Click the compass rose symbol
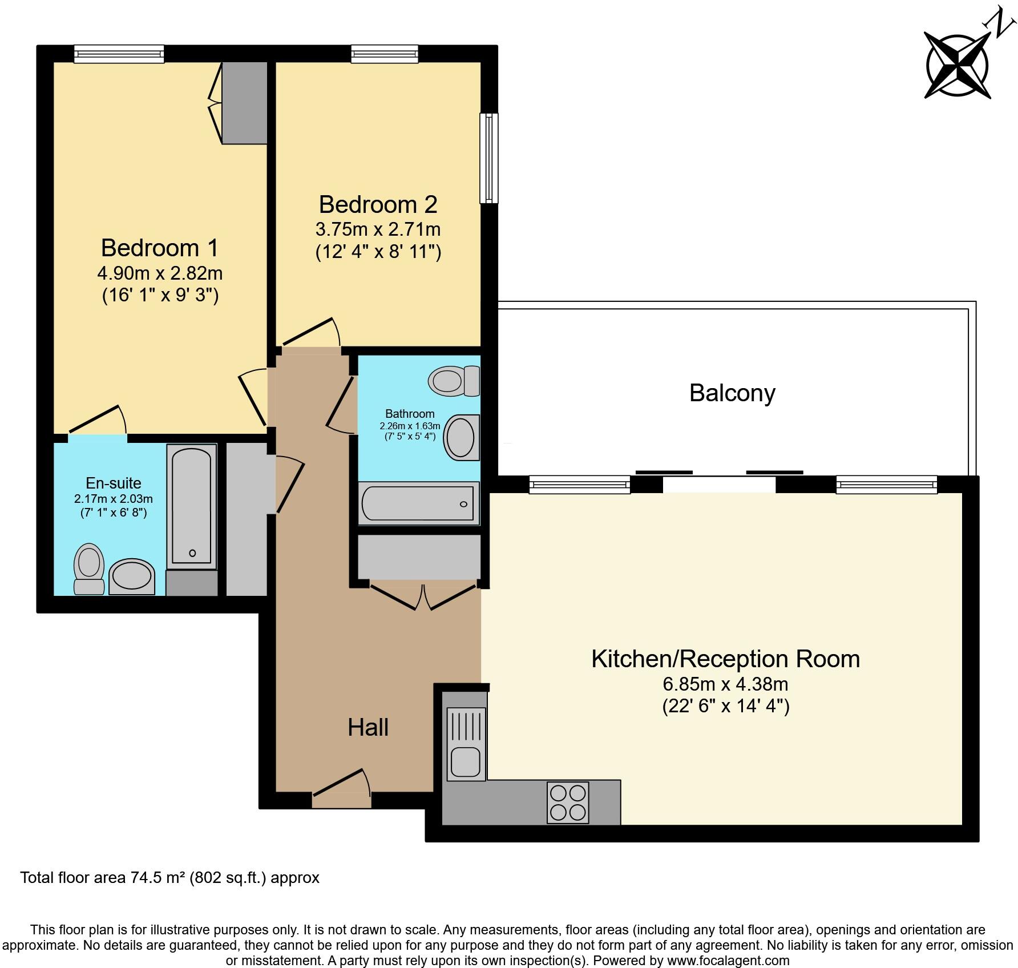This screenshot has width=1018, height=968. point(958,66)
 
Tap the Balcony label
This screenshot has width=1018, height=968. point(732,393)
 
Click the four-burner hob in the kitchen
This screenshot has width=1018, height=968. point(567,802)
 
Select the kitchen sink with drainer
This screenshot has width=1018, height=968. point(466,744)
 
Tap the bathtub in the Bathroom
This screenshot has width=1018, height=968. point(418,503)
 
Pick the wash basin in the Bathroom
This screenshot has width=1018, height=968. point(461,438)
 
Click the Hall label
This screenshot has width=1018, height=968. point(368,728)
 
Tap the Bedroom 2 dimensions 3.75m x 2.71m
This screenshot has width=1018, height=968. point(378,229)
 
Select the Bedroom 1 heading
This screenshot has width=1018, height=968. point(159,248)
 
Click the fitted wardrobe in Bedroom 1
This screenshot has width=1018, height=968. point(244,103)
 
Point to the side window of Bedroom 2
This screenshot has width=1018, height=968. point(488,158)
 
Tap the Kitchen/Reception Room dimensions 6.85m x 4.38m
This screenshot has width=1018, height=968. point(725,684)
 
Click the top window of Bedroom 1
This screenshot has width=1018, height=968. point(119,54)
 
